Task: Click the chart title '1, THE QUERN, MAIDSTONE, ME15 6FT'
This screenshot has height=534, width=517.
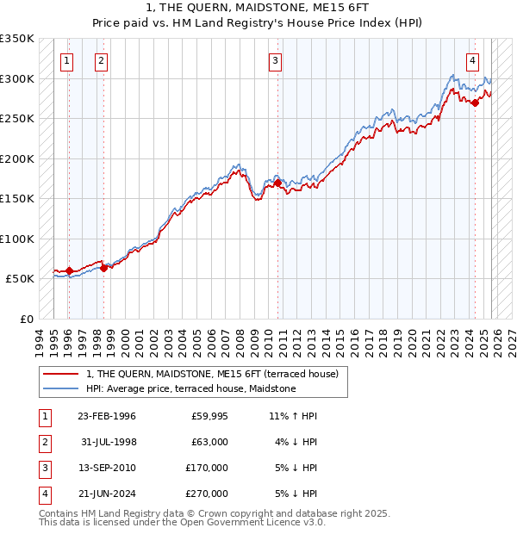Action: (258, 9)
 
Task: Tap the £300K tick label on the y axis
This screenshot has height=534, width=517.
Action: (17, 78)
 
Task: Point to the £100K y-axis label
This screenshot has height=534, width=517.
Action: (17, 239)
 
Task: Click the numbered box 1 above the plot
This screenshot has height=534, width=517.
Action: (67, 60)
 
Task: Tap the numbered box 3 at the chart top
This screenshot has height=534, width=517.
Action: (275, 60)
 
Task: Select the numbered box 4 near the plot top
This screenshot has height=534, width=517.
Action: (473, 60)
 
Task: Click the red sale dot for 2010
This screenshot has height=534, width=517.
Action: (277, 183)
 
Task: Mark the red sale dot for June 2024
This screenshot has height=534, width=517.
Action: (475, 102)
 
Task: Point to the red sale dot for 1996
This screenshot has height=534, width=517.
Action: (69, 270)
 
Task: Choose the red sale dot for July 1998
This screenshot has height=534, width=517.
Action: (103, 268)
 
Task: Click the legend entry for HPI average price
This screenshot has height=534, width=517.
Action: (190, 389)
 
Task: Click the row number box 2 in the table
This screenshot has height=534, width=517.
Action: (43, 442)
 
